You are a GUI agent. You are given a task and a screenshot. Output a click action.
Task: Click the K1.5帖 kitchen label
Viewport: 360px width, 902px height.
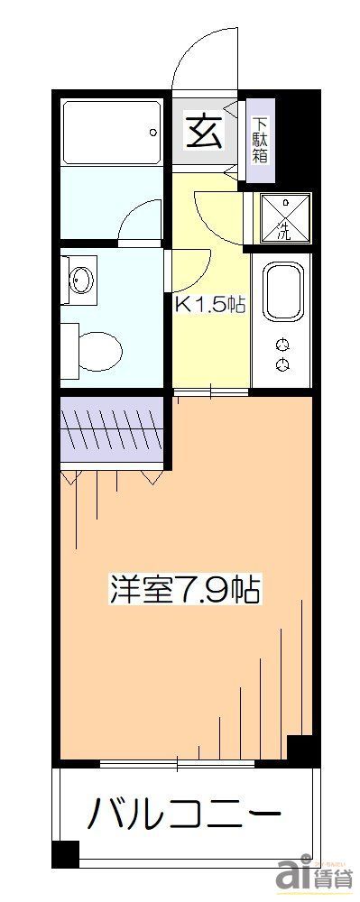pos(209,305)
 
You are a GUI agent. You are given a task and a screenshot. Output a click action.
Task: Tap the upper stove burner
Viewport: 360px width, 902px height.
pos(283,344)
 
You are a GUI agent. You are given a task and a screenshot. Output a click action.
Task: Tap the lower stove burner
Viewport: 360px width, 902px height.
pos(283,364)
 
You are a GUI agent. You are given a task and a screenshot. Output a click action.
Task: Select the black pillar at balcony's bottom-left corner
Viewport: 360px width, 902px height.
pos(65,851)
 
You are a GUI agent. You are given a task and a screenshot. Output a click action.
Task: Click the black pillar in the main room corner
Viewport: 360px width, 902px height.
pos(300,749)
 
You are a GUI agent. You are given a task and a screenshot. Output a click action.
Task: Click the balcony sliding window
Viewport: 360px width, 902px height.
pos(178,765)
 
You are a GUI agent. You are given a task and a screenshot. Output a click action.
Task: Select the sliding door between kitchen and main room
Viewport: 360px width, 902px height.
pos(210,391)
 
